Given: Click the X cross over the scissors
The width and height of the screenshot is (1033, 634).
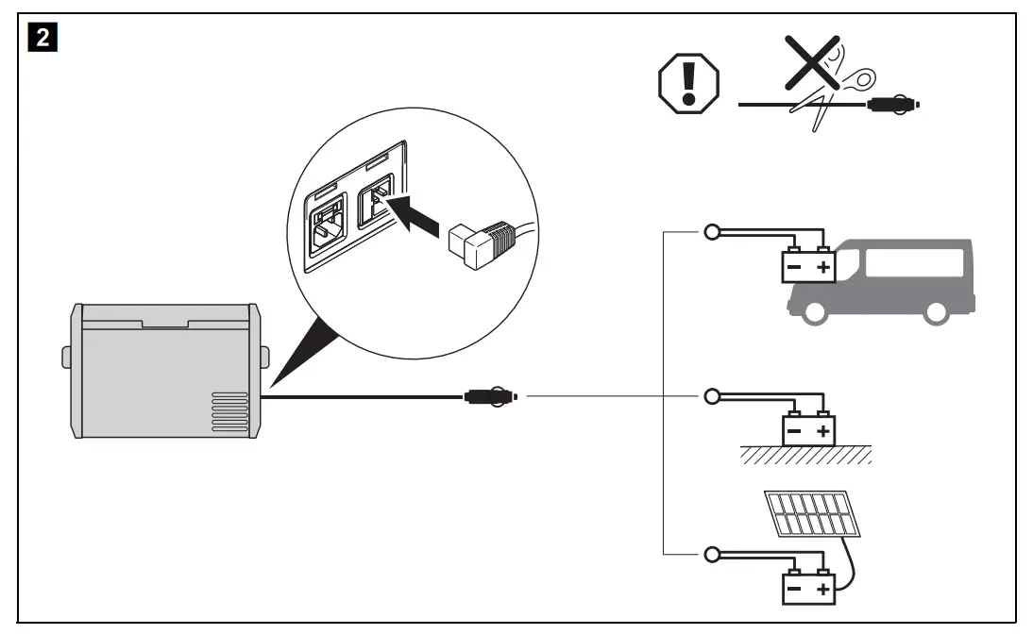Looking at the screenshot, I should point(806,67).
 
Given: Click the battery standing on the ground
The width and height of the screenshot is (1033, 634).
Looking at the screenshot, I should point(809,430).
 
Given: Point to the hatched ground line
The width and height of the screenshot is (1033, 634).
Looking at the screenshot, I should point(804,457).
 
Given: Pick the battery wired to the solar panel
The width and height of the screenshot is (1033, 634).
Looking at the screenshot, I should point(809,589).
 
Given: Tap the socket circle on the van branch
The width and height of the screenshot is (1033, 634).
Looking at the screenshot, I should point(710,233).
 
